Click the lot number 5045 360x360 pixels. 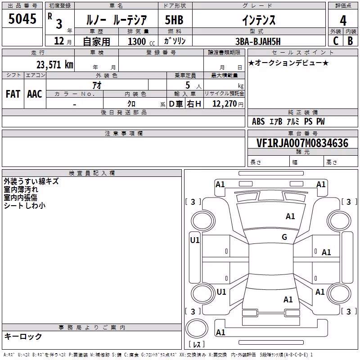(22, 19)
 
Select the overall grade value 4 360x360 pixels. (343, 21)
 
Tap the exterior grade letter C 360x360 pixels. (336, 41)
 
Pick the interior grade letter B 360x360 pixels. (350, 41)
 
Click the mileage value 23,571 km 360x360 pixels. (55, 65)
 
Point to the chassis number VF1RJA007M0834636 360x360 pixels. (302, 143)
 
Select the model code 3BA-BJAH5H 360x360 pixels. (258, 41)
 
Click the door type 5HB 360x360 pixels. (174, 20)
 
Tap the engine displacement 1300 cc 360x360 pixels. (141, 41)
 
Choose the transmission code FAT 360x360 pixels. (13, 94)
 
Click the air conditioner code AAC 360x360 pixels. (35, 94)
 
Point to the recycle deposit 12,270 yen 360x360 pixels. (228, 104)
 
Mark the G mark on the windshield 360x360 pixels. (284, 237)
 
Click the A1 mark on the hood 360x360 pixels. (290, 216)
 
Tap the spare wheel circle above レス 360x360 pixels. (197, 328)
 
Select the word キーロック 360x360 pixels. (23, 336)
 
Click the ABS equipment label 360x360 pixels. (258, 121)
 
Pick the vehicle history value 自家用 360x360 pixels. (96, 41)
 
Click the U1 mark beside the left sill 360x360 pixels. (195, 240)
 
